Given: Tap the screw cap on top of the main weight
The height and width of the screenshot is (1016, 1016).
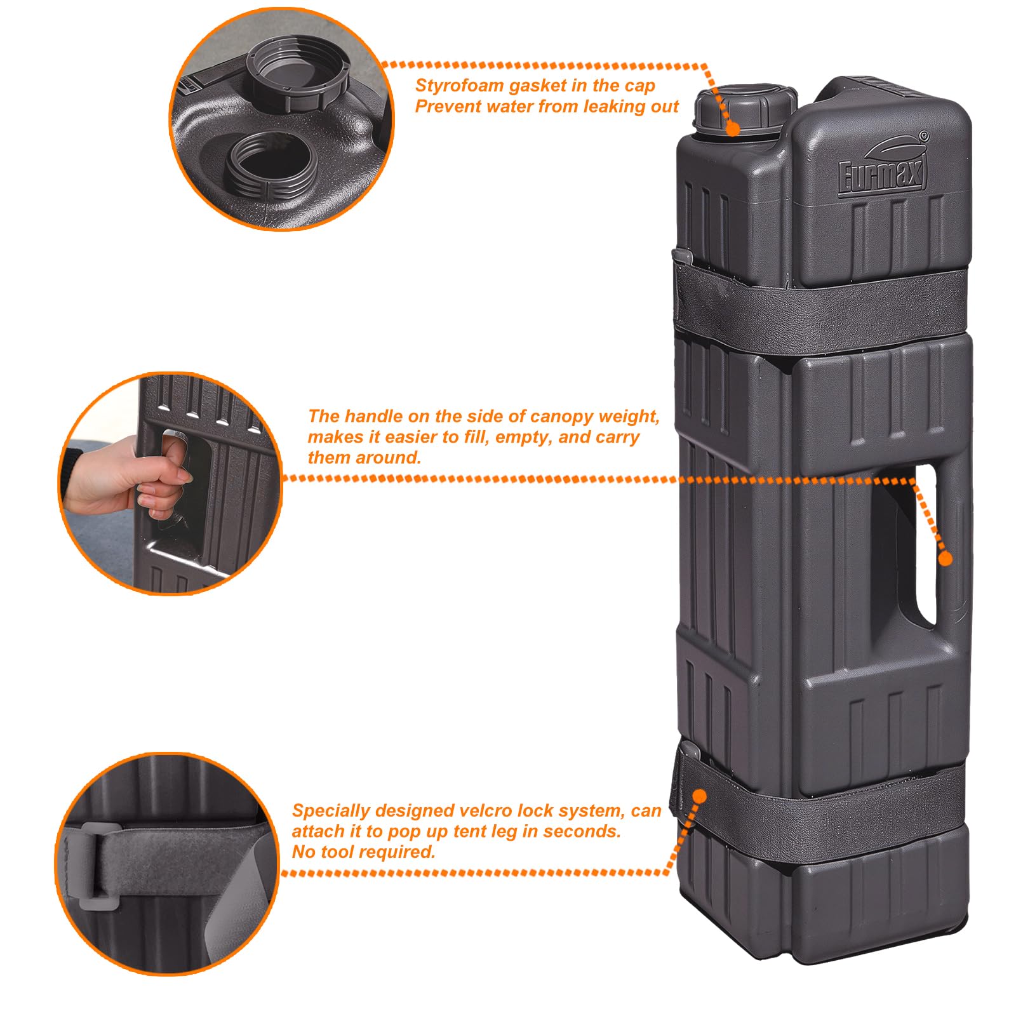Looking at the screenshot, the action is pos(745,108).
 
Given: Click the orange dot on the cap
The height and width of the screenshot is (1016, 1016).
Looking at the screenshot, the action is pos(733,129).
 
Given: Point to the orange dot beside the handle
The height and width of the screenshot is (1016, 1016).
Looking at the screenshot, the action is pos(946,559).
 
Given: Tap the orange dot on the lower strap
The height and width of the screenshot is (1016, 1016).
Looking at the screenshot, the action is pos(700,796).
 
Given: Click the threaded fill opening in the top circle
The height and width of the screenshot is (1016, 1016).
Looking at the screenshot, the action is pos(271,166).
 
